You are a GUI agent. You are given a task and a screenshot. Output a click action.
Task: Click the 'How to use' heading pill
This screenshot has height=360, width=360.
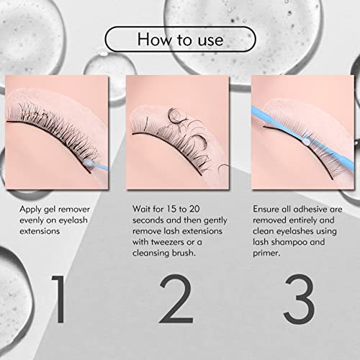coord(179,38)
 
